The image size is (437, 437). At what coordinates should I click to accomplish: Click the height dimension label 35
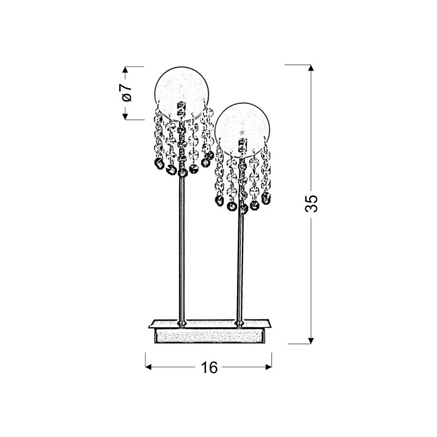point(311,203)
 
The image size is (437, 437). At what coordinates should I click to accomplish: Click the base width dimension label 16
point(209,367)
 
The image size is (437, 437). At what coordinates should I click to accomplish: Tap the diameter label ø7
point(127,92)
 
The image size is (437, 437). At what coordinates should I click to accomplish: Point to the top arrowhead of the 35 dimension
point(311,68)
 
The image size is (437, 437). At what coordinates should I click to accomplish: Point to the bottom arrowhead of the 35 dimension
point(311,340)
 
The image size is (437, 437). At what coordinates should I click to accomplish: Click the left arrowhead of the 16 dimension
point(149,367)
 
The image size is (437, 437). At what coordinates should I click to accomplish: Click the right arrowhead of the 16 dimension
point(269,367)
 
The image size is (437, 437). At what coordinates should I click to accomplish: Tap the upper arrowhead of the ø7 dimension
point(126,70)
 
